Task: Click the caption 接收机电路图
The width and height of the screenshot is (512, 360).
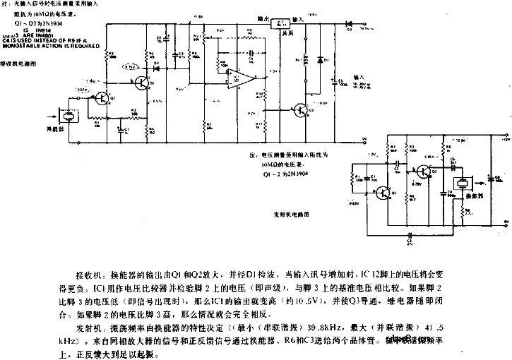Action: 19,64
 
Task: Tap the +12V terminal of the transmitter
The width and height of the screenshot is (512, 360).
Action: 502,141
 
